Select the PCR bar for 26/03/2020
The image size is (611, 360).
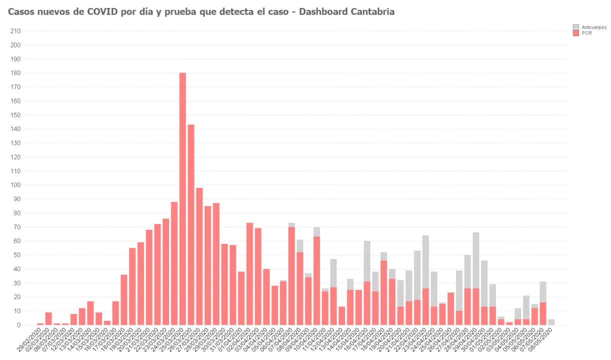coord(191,225)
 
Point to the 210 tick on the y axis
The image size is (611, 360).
coord(15,31)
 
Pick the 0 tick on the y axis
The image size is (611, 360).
coord(18,325)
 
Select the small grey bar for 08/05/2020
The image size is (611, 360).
coord(551,322)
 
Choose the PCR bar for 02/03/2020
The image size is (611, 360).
coord(48,318)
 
